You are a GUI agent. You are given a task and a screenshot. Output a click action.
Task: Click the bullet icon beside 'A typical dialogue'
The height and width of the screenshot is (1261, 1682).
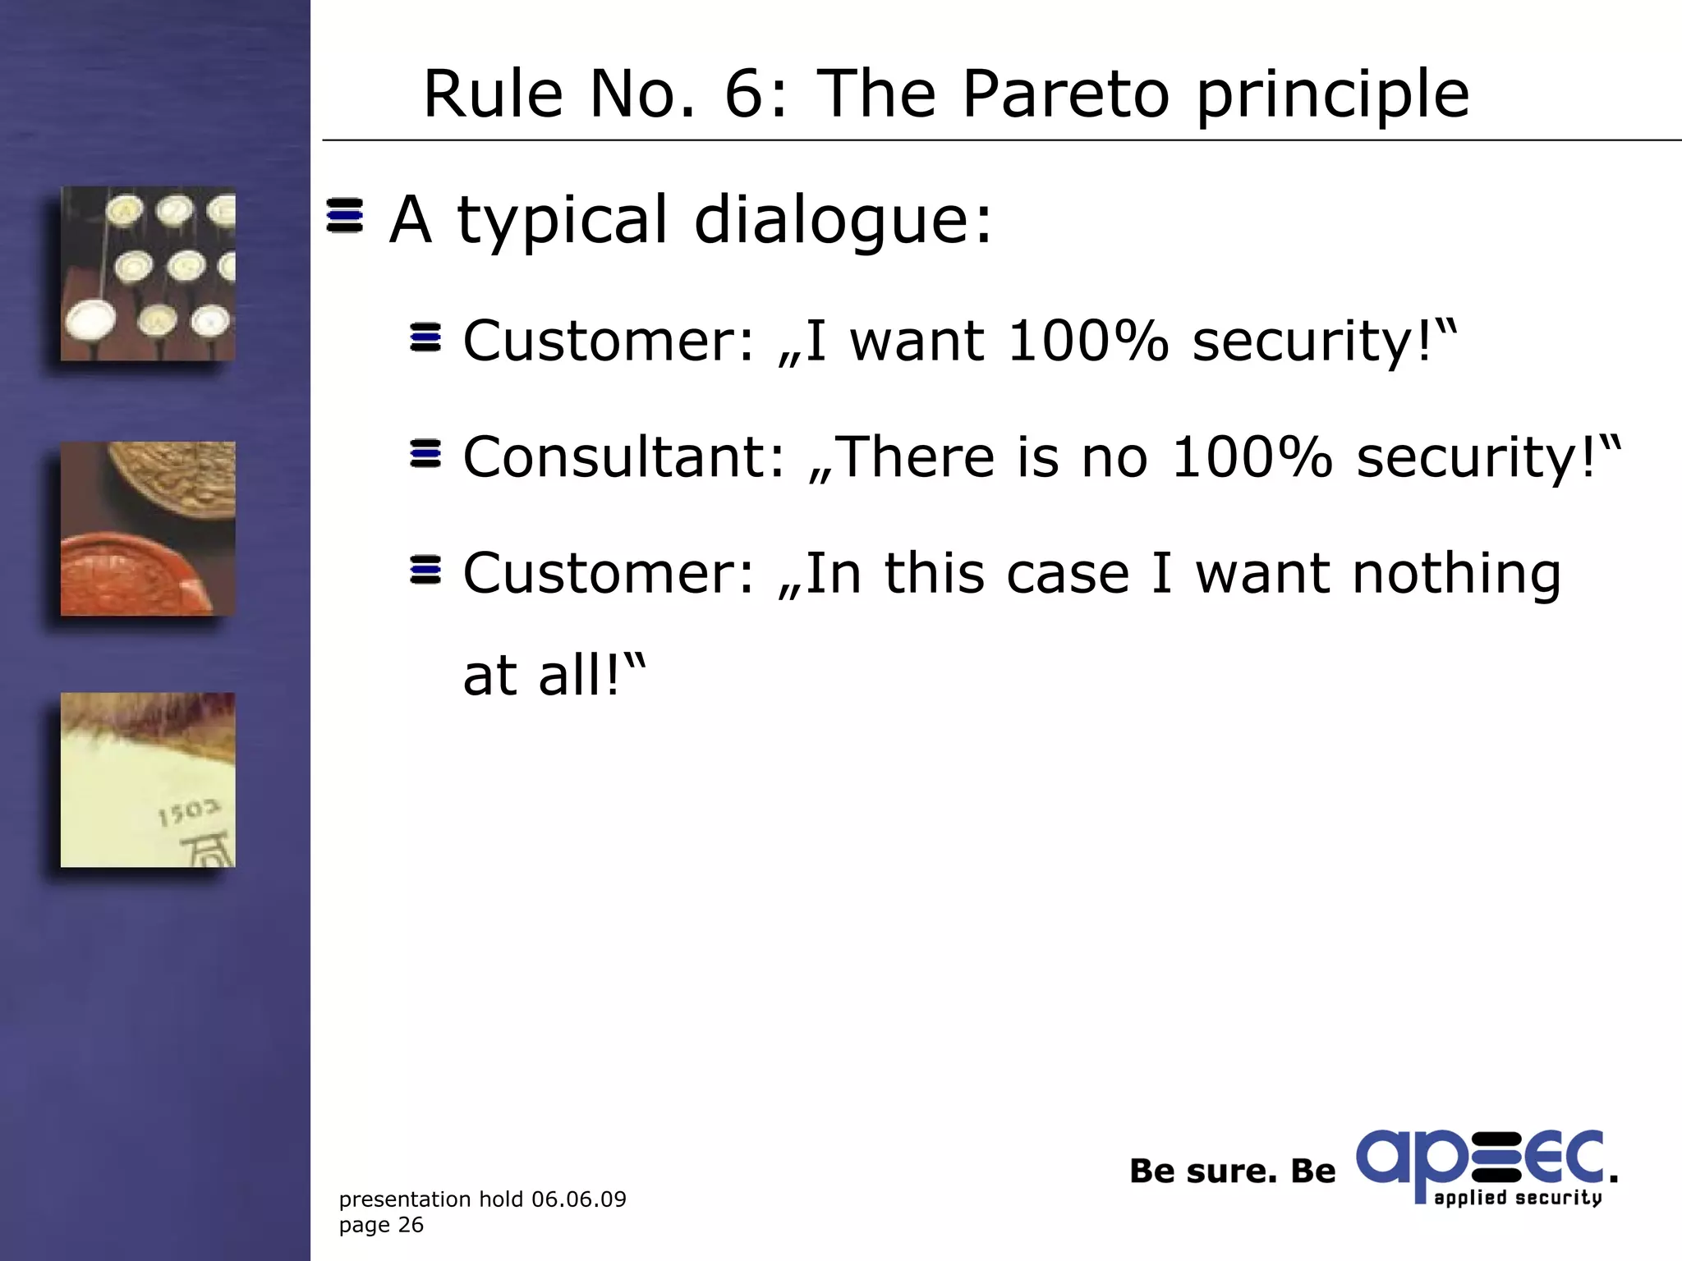pos(345,216)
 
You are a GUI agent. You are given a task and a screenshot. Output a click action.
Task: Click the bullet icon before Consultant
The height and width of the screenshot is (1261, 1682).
pos(425,454)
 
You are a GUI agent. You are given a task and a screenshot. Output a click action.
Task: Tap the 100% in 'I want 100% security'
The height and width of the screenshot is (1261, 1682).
pos(1088,341)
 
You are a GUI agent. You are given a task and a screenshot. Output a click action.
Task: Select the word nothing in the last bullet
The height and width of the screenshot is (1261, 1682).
pos(1456,574)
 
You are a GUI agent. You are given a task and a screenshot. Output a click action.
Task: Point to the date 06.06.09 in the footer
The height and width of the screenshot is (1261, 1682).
pos(579,1199)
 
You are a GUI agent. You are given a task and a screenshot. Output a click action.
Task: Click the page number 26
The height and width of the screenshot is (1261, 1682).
pos(411,1225)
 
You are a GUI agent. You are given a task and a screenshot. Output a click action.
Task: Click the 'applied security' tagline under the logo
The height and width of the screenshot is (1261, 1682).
pos(1518,1198)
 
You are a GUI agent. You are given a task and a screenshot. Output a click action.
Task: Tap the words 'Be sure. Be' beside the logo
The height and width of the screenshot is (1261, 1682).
pos(1232,1172)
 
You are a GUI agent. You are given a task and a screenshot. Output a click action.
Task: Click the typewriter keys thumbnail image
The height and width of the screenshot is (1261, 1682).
pos(148,273)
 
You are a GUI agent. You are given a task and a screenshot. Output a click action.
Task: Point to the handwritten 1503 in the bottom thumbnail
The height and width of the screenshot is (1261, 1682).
pos(189,813)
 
